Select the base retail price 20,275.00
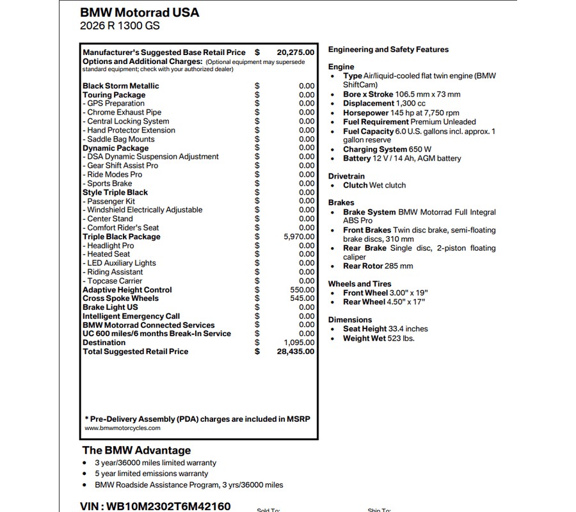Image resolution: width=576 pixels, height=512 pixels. coord(295,52)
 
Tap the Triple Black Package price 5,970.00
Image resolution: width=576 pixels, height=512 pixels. coord(299,237)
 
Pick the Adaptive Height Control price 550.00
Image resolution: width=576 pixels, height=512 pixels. coord(302,290)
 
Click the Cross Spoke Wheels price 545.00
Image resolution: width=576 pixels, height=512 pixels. coord(302,298)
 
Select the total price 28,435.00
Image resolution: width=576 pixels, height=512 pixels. coord(295,351)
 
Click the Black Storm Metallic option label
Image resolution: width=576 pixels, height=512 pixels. coord(121,86)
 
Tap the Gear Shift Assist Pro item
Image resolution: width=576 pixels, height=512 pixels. coord(122,166)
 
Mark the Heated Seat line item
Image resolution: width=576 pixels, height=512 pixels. coord(108,254)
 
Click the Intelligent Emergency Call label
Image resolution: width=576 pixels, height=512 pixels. coord(131,316)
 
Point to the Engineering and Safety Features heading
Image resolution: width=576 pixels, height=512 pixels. coord(388,49)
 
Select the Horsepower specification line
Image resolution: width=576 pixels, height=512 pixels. coord(401,113)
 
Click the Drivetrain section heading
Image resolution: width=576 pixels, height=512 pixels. coord(346,176)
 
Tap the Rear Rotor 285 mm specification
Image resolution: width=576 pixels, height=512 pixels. coord(378,266)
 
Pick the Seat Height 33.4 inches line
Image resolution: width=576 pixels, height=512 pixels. coord(385,329)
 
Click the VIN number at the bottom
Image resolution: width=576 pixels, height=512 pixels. coord(156,506)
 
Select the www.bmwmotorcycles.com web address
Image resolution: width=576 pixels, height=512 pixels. coord(123,428)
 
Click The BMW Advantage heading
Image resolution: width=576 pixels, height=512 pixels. coord(136,450)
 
